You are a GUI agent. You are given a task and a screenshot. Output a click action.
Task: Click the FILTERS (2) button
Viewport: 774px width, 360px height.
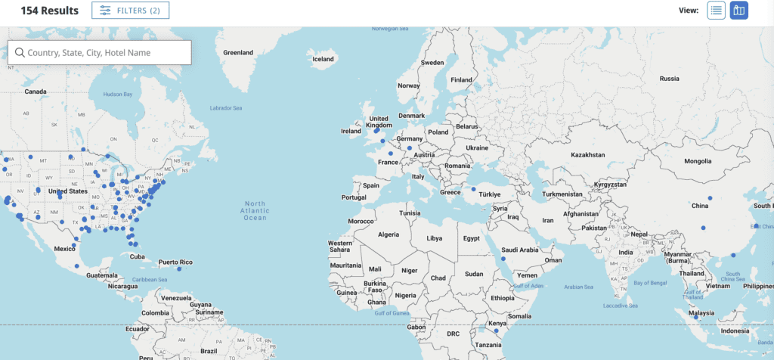click(130, 11)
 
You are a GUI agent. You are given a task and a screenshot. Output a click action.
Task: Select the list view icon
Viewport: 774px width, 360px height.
click(716, 11)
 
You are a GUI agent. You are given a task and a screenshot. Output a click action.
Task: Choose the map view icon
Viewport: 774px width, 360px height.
click(738, 11)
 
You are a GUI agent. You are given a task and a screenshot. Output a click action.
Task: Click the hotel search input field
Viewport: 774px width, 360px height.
click(99, 52)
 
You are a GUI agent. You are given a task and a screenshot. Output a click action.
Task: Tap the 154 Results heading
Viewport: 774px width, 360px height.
click(49, 11)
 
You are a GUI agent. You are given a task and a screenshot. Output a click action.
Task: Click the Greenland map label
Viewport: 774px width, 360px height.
click(238, 53)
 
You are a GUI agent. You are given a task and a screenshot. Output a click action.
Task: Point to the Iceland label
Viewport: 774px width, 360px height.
click(323, 59)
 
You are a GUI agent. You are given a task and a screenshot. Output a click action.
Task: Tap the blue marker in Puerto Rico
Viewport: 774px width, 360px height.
click(179, 269)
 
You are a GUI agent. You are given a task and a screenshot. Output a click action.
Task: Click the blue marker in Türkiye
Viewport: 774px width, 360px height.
click(474, 189)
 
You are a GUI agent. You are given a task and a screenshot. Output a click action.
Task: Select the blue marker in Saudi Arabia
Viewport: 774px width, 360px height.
click(503, 259)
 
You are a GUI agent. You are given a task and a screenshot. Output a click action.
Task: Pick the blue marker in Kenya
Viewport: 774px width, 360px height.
click(497, 330)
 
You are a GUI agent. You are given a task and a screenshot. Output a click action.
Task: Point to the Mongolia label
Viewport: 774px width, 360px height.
click(698, 161)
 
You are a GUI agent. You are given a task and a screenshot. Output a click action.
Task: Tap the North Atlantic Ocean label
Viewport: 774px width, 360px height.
click(255, 211)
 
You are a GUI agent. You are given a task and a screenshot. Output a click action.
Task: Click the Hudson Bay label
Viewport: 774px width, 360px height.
click(117, 95)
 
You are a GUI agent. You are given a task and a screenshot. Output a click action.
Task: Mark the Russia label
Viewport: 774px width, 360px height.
click(669, 79)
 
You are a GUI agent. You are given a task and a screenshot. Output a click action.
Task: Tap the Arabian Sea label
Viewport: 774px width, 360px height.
click(578, 287)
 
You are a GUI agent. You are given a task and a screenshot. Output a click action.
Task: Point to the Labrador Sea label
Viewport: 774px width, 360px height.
click(226, 108)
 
